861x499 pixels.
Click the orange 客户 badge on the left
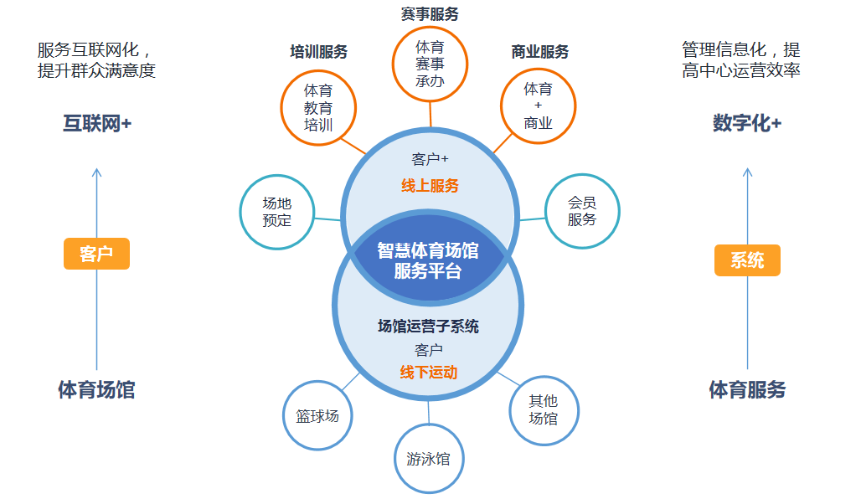96,254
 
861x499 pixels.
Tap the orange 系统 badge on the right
747,260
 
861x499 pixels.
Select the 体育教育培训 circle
318,108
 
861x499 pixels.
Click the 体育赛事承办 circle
430,64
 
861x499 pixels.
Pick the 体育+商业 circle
538,105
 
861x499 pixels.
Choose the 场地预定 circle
276,212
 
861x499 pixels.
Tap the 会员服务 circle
582,211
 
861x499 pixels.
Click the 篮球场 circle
317,415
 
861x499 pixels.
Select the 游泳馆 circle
428,459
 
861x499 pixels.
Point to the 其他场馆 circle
544,409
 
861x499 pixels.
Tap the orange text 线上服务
430,186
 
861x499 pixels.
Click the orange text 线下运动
428,372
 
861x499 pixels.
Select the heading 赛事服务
430,14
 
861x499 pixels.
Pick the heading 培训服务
318,52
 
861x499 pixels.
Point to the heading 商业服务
539,52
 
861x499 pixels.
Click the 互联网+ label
97,124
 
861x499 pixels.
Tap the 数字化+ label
747,123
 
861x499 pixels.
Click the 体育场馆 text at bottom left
96,389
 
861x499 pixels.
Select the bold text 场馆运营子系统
428,327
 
